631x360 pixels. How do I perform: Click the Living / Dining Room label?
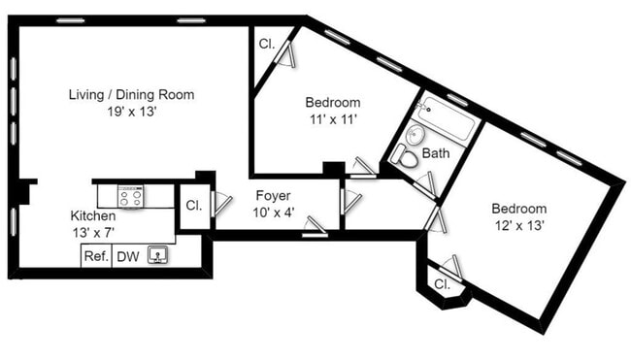(131, 95)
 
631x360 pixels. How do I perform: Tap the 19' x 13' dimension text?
(131, 112)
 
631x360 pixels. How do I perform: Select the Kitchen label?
(93, 215)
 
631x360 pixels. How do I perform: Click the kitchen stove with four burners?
(131, 196)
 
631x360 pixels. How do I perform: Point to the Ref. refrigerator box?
(95, 256)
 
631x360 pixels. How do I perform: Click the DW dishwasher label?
(127, 256)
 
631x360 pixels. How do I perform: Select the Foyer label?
(275, 195)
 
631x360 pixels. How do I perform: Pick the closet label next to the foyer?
(192, 206)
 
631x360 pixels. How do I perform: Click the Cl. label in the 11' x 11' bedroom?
(266, 44)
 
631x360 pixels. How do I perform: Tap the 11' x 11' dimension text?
(333, 119)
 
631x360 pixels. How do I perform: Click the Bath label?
(436, 153)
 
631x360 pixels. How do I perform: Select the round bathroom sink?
(416, 136)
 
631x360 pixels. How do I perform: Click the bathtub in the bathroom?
(446, 117)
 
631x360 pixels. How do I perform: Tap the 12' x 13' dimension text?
(517, 225)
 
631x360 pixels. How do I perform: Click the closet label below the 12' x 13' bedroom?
(443, 285)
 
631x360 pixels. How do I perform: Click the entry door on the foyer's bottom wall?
(315, 229)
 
